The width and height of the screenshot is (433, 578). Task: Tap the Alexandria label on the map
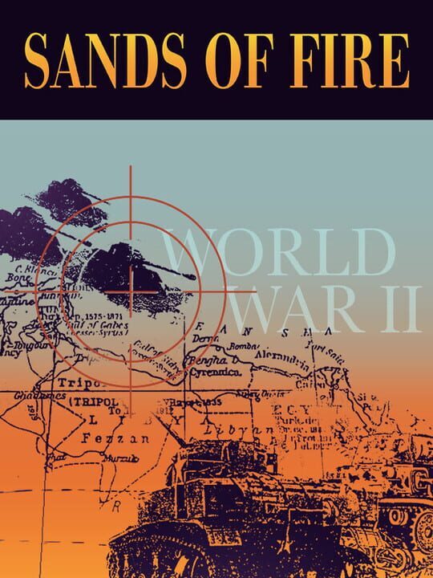pos(281,352)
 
